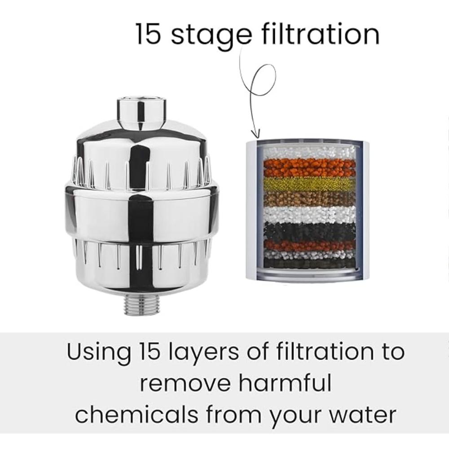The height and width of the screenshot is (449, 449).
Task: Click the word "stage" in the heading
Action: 211,35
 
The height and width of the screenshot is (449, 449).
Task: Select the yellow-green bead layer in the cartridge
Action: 309,184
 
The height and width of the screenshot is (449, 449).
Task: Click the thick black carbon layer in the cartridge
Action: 309,231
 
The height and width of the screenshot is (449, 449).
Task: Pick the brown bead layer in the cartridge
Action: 309,198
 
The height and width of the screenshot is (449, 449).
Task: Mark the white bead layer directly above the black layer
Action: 309,214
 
